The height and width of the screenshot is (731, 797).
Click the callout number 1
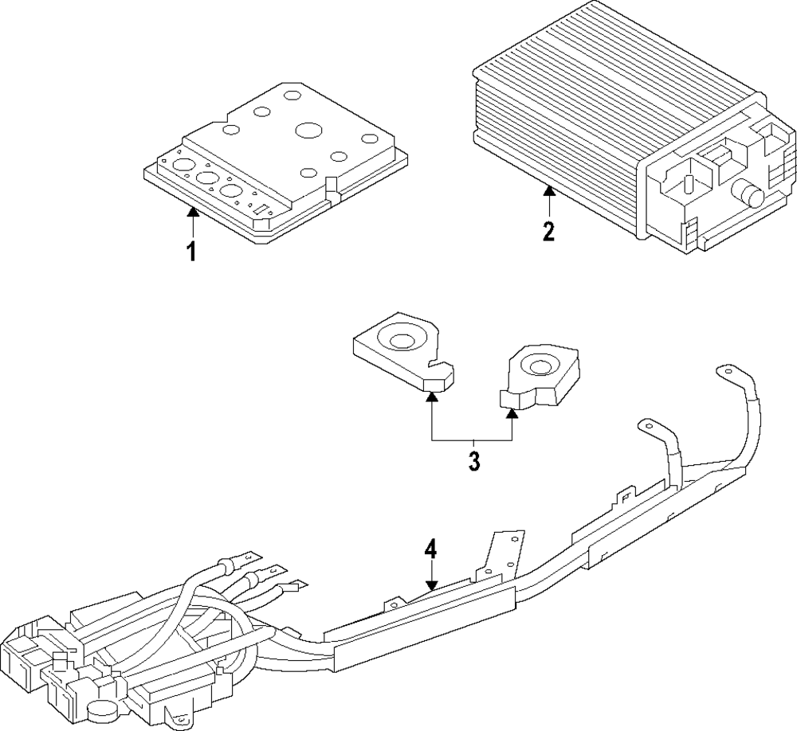click(x=191, y=252)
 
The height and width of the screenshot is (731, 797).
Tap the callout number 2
click(x=548, y=231)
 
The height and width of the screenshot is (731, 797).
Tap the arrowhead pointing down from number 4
click(x=431, y=585)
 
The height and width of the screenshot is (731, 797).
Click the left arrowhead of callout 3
click(x=431, y=396)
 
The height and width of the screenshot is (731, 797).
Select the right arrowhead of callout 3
click(x=512, y=412)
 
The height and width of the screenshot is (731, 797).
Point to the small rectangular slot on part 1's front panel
click(x=262, y=209)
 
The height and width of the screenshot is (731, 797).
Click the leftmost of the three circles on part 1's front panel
click(x=183, y=166)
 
